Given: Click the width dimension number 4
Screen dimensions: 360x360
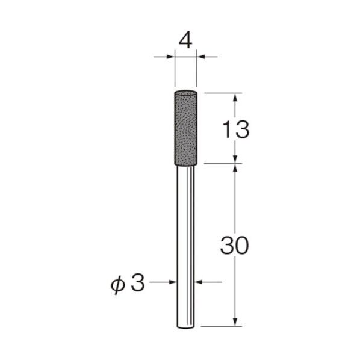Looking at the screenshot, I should tap(185, 40).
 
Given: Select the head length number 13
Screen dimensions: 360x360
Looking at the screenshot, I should tap(234, 129).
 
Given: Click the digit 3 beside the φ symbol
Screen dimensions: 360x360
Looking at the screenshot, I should tap(138, 282).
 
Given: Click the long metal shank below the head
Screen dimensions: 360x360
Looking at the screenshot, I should tap(185, 241).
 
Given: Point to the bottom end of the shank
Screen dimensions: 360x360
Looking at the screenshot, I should tap(185, 326).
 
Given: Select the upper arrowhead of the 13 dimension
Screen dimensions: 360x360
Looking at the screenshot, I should tap(235, 96).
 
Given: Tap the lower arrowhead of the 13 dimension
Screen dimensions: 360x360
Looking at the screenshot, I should tap(235, 158).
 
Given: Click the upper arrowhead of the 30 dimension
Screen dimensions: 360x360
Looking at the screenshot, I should tap(235, 167).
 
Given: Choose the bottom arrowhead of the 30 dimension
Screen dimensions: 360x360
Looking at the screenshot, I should tap(235, 323).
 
